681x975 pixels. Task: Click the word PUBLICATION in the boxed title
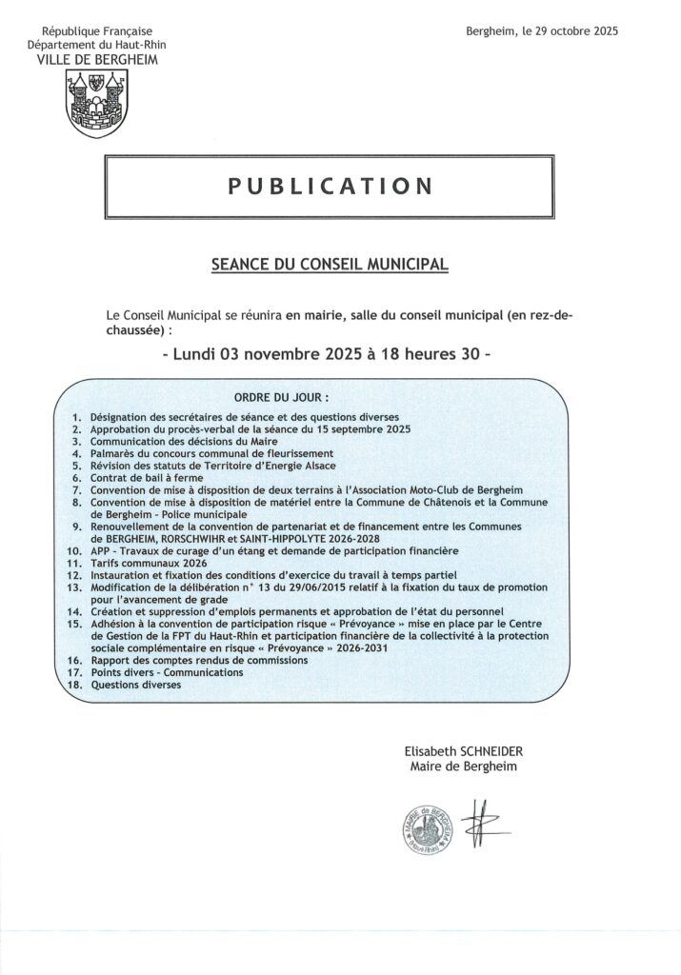(330, 185)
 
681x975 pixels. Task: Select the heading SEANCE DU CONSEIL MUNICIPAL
(329, 261)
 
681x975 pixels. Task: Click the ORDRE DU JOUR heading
(281, 396)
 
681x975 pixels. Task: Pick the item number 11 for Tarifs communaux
(73, 563)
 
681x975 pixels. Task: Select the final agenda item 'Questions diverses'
(135, 686)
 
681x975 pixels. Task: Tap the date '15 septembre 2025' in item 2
(365, 429)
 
